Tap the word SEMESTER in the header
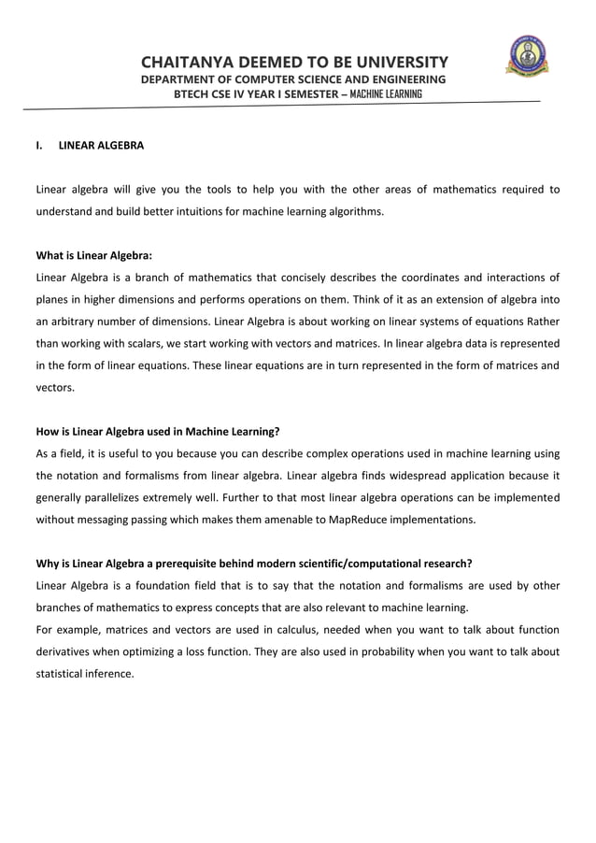(305, 94)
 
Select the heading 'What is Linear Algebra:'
(93, 255)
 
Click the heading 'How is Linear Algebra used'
(157, 432)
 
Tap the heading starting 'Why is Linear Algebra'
(253, 564)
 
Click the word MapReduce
(372, 520)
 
